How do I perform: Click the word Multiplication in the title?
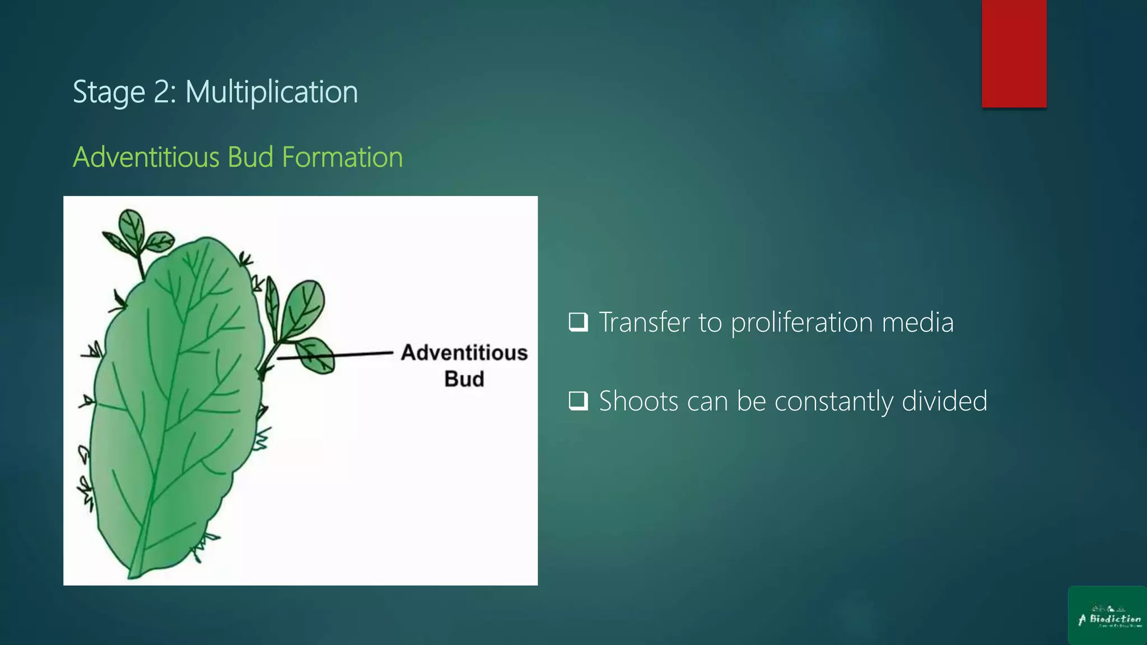click(272, 92)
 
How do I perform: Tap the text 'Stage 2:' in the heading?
click(124, 92)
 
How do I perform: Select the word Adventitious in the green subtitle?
click(146, 157)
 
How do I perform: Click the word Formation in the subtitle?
click(342, 157)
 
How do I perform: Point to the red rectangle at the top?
click(1014, 53)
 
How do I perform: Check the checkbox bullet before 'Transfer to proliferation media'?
click(578, 322)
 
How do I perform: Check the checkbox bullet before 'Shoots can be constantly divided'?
click(578, 401)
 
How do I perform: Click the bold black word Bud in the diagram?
click(464, 379)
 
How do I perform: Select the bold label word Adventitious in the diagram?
click(464, 353)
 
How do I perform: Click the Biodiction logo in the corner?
click(1107, 616)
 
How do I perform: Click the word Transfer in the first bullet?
click(644, 323)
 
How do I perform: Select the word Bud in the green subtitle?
click(250, 157)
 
